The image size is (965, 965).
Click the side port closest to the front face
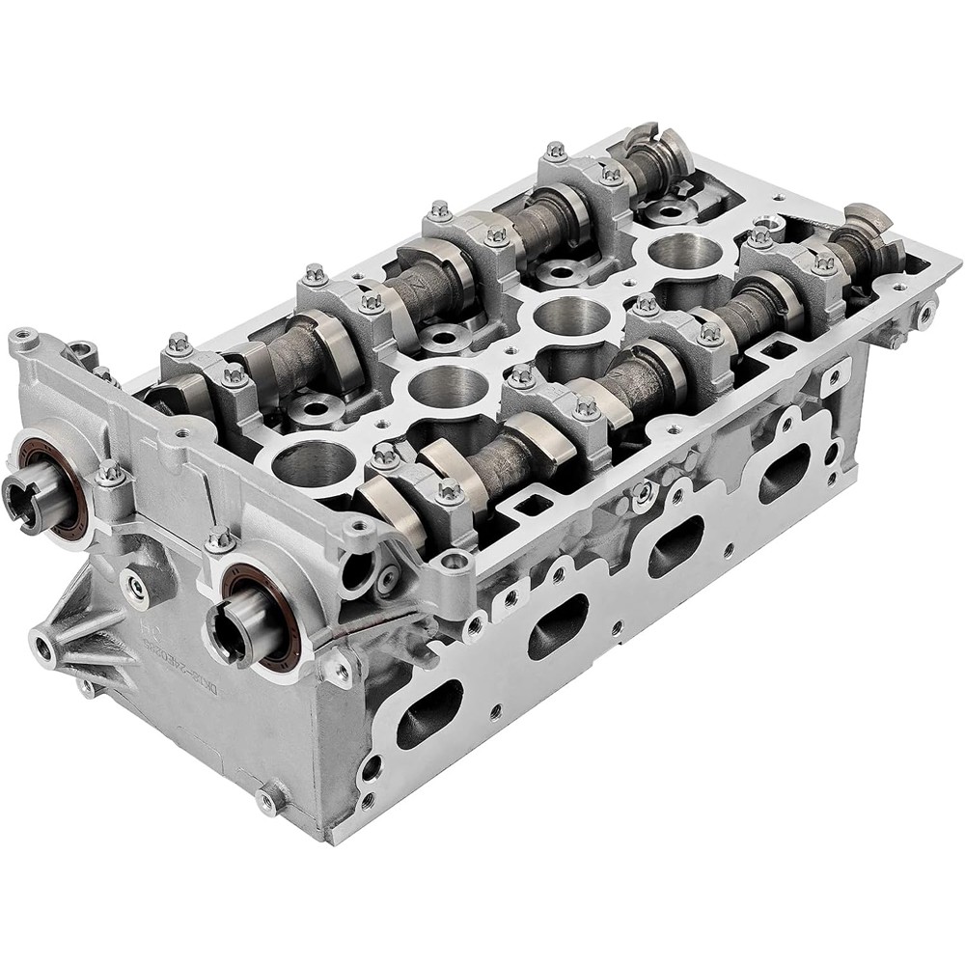pyautogui.click(x=430, y=714)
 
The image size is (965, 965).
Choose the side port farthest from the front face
pyautogui.click(x=784, y=473)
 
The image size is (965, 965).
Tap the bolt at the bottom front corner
pyautogui.click(x=267, y=799)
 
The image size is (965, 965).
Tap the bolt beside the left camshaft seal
pyautogui.click(x=109, y=472)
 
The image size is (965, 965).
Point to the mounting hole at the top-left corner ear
pyautogui.click(x=23, y=338)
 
